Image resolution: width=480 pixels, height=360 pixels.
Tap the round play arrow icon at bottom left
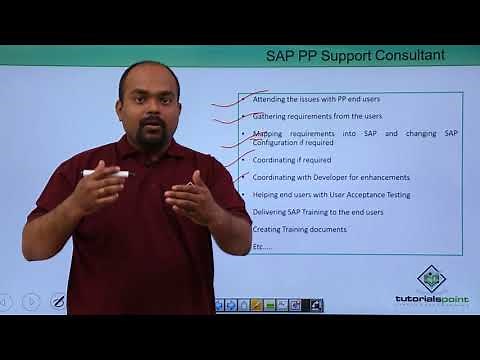point(31,301)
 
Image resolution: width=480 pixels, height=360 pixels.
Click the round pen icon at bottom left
point(58,300)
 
